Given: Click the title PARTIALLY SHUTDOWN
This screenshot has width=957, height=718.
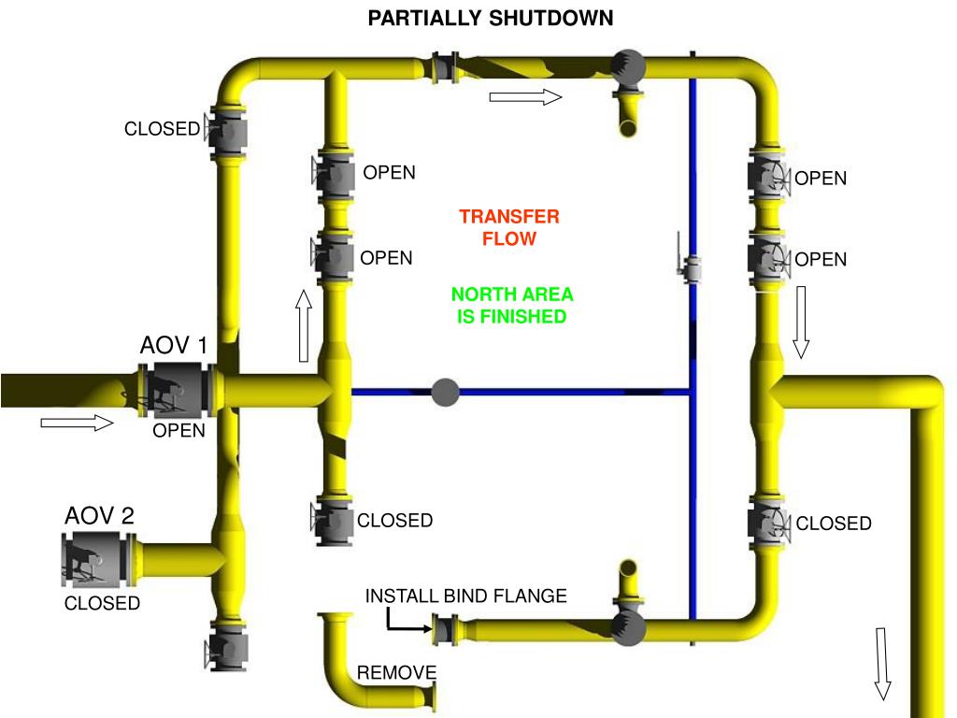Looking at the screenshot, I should coord(491,18).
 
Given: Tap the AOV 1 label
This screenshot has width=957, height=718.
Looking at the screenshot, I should coord(174,346).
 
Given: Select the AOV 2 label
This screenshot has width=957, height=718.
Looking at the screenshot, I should coord(99,515).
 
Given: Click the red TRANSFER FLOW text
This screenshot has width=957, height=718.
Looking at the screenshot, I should coord(509,227).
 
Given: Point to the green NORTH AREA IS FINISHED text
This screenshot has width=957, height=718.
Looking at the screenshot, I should coord(512,306).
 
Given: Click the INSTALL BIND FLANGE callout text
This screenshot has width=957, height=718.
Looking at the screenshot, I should coord(465,596).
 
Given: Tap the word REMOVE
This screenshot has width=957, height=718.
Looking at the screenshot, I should coord(396,673).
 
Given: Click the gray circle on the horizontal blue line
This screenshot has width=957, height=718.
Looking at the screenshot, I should coord(446,392).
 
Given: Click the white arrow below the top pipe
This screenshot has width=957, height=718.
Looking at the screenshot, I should coord(525,96).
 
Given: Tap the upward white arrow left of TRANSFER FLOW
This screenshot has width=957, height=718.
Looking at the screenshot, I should coord(303,325).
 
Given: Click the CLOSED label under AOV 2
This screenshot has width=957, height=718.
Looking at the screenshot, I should coord(102,604).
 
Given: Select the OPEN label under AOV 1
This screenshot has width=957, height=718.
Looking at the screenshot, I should coord(179,431).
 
